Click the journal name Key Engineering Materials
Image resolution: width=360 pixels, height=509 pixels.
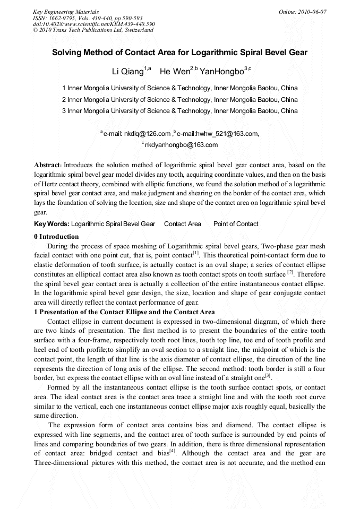65,12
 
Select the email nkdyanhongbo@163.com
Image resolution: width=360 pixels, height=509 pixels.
181,144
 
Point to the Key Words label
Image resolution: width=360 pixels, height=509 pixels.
51,224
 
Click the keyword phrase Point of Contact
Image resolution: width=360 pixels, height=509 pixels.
236,224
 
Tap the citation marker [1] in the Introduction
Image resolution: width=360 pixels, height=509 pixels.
196,253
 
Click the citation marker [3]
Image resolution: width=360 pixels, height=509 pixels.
268,375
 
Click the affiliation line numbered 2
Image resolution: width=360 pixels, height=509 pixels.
180,99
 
